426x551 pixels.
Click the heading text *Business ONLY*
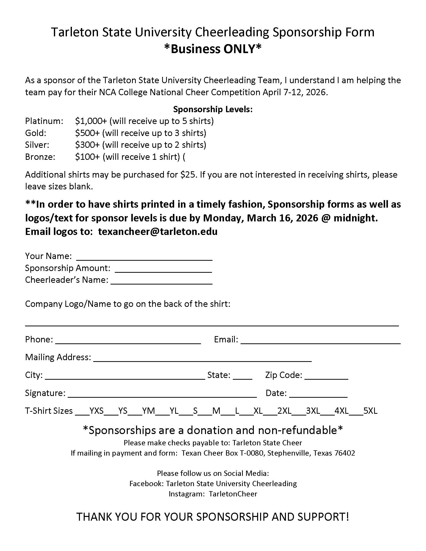[213, 49]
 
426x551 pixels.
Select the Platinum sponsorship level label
[44, 121]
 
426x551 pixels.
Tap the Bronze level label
[40, 157]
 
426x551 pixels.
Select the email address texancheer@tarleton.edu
[158, 232]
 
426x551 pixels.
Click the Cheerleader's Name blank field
[162, 282]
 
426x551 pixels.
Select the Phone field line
[128, 341]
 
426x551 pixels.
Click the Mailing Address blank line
[202, 359]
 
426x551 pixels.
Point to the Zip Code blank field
[326, 377]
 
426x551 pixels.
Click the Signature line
[162, 394]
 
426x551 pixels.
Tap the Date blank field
[318, 394]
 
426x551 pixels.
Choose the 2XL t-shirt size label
[284, 411]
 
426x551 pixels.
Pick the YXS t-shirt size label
[97, 411]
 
